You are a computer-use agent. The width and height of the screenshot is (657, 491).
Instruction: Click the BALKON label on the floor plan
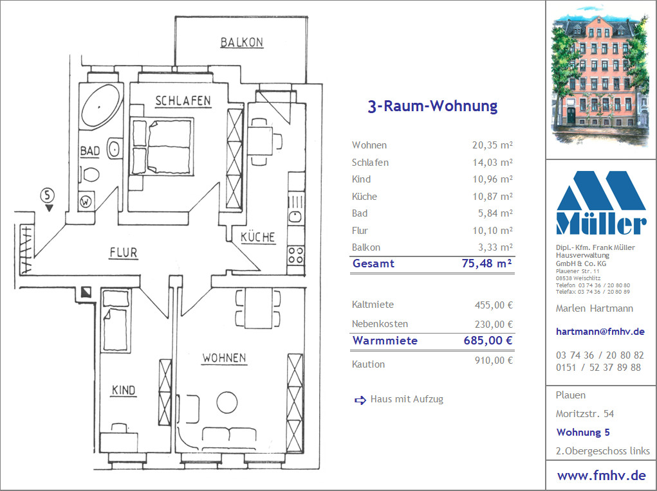click(242, 42)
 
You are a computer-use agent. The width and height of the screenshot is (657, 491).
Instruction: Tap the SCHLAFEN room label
click(183, 101)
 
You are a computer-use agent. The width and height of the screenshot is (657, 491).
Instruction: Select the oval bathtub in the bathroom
click(102, 106)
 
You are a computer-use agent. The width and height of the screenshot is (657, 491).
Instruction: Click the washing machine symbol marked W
click(86, 202)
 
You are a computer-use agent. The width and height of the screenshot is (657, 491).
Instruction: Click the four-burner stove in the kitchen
click(296, 255)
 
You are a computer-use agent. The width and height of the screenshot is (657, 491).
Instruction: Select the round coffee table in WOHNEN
click(227, 402)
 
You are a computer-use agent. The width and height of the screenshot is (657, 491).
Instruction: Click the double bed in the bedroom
click(162, 147)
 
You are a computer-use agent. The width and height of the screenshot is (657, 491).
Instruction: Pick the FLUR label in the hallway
click(123, 253)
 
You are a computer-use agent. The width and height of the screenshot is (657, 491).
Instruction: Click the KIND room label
click(124, 390)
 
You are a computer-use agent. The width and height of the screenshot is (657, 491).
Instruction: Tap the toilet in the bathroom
click(90, 175)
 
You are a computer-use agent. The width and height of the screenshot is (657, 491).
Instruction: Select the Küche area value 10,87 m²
click(492, 196)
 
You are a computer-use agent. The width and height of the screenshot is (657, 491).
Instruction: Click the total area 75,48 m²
click(486, 263)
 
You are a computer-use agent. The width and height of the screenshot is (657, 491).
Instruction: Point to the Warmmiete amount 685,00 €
click(488, 341)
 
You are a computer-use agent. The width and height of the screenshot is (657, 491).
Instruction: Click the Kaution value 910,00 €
click(494, 361)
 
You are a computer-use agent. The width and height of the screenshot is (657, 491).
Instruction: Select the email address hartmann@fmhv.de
click(600, 332)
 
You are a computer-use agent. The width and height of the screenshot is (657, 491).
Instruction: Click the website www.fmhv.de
click(601, 476)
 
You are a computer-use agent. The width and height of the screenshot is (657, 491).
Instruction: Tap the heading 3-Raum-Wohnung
click(432, 106)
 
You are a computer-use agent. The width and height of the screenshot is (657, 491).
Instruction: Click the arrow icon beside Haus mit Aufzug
click(360, 400)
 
